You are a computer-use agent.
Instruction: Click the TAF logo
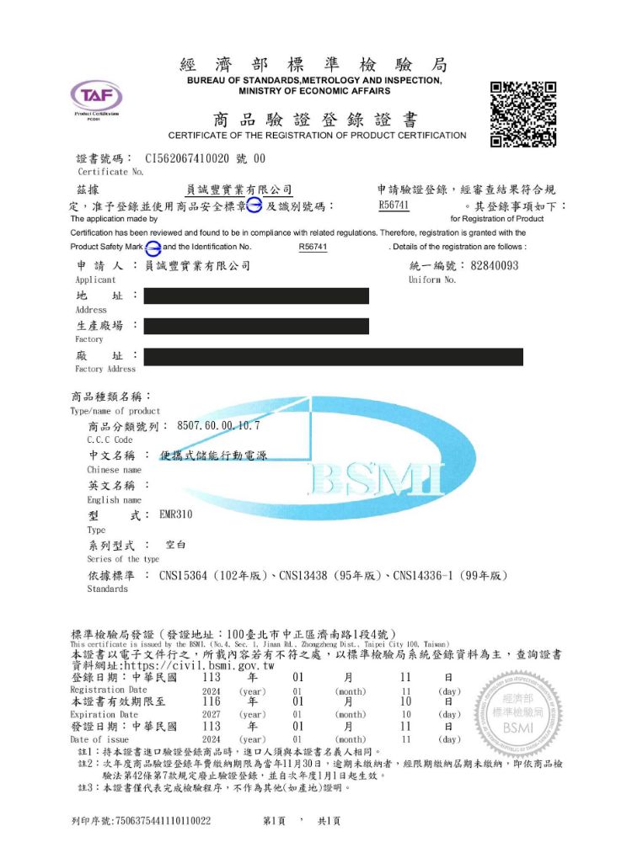click(95, 98)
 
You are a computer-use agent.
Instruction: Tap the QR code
click(523, 115)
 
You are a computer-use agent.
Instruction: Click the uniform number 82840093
click(495, 266)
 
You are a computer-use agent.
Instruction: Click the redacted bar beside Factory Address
click(334, 357)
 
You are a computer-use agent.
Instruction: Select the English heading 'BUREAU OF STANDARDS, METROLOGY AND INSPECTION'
click(315, 81)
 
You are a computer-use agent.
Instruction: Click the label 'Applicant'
click(95, 280)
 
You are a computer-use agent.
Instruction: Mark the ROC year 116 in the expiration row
click(212, 701)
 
